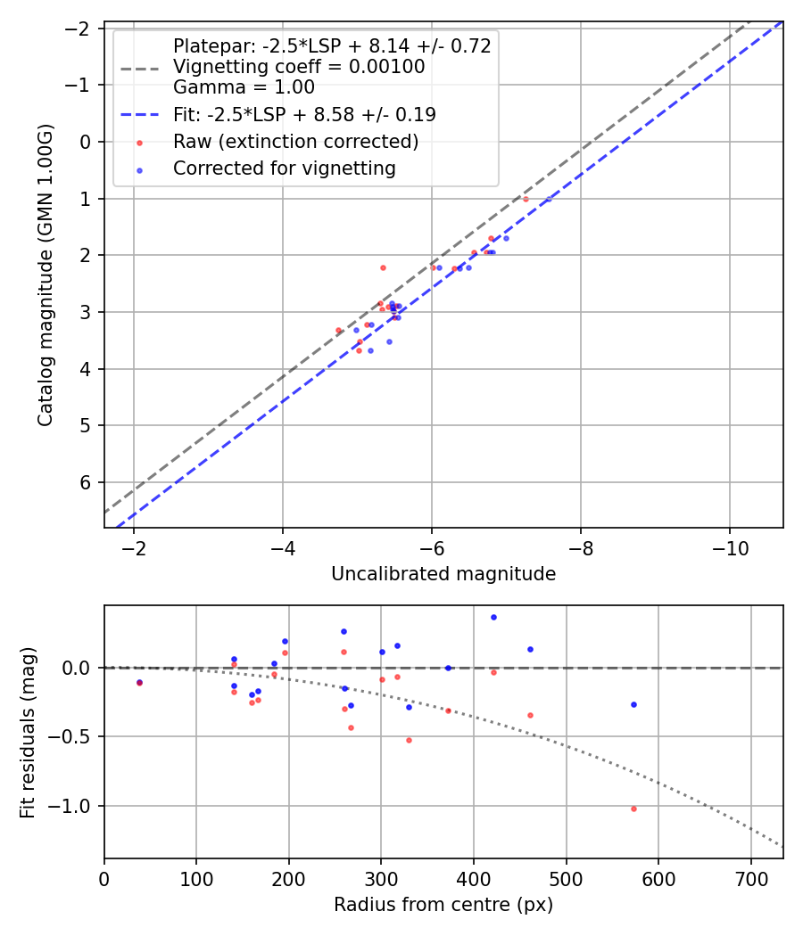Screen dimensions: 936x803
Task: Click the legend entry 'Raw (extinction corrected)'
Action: tap(295, 142)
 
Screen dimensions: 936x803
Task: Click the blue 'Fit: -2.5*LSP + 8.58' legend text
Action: tap(304, 115)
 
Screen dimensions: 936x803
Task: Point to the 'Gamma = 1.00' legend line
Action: tap(244, 87)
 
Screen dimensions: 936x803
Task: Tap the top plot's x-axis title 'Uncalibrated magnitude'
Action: tap(443, 574)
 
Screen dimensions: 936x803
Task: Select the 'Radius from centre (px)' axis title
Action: tap(443, 905)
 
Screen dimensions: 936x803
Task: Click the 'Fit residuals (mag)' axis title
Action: tap(28, 732)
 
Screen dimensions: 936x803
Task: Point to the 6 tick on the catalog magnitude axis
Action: tap(87, 482)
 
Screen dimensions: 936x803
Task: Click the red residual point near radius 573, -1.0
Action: tap(633, 809)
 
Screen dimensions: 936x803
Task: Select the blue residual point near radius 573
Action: tap(633, 704)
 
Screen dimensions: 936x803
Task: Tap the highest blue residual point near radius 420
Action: tap(493, 617)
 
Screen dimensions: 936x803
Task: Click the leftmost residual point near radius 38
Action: tap(139, 683)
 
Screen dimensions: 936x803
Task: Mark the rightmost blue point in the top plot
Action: tap(548, 199)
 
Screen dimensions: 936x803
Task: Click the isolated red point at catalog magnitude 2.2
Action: tap(383, 267)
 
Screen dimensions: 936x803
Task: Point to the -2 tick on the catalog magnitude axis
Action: tap(80, 29)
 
